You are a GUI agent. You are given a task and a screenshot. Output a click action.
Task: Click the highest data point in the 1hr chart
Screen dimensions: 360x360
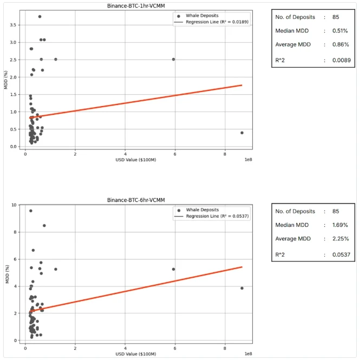click(x=40, y=17)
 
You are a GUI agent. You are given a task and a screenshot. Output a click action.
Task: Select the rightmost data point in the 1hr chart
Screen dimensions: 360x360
click(x=241, y=133)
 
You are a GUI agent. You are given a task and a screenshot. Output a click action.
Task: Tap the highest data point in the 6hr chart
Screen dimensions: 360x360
click(x=31, y=211)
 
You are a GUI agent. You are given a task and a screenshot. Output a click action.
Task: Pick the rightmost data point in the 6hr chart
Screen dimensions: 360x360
click(x=241, y=288)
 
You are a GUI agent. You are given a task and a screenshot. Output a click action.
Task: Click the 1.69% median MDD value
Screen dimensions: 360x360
click(x=340, y=225)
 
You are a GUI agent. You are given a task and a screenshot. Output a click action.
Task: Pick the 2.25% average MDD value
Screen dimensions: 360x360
click(x=340, y=238)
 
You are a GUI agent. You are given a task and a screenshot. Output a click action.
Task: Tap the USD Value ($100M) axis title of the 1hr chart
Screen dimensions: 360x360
click(x=133, y=160)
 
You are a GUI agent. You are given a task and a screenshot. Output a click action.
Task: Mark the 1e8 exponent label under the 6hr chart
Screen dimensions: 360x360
click(x=247, y=354)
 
